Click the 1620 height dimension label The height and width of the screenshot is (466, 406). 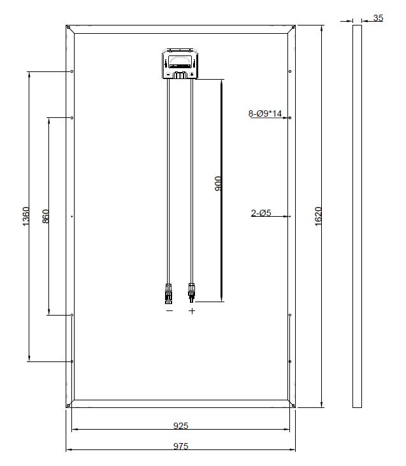pos(318,216)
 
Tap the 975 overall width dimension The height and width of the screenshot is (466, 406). pos(181,446)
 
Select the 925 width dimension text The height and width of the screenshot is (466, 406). pos(181,426)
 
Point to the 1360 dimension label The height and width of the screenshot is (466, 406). pos(26,216)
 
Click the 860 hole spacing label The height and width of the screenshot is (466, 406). pos(45,216)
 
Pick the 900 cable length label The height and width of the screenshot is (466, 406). pos(218,184)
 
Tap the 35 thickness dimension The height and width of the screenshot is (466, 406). pos(378,18)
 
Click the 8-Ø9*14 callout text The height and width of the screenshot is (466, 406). pos(265,113)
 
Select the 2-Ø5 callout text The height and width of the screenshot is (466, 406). pos(261,213)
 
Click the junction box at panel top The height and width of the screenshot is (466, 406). pos(180,64)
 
